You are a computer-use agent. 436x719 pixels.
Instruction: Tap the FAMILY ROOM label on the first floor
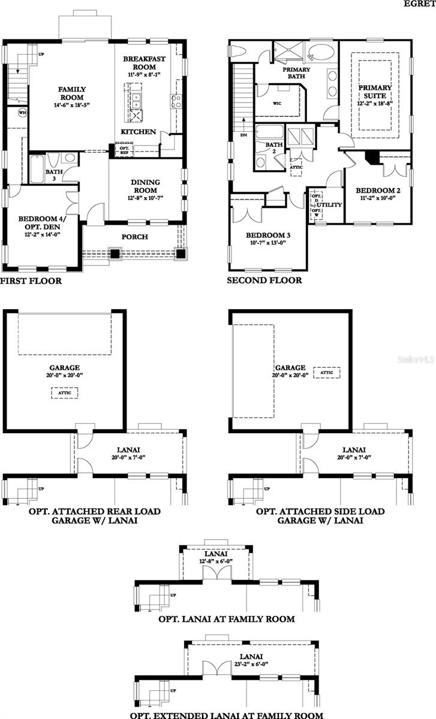click(x=71, y=93)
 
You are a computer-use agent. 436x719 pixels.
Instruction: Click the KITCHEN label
click(x=139, y=131)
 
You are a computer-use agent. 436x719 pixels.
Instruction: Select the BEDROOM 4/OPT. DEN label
click(x=41, y=222)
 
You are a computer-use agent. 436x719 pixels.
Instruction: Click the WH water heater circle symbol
click(x=23, y=112)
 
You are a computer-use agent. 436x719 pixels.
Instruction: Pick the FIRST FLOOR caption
click(x=31, y=280)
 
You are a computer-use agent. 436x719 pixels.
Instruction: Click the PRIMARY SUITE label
click(x=375, y=91)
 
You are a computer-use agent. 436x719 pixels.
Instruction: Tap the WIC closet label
click(x=277, y=103)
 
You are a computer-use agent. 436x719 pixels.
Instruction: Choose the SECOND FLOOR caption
click(x=264, y=280)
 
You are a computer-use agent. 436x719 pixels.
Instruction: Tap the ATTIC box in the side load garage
click(x=327, y=372)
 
